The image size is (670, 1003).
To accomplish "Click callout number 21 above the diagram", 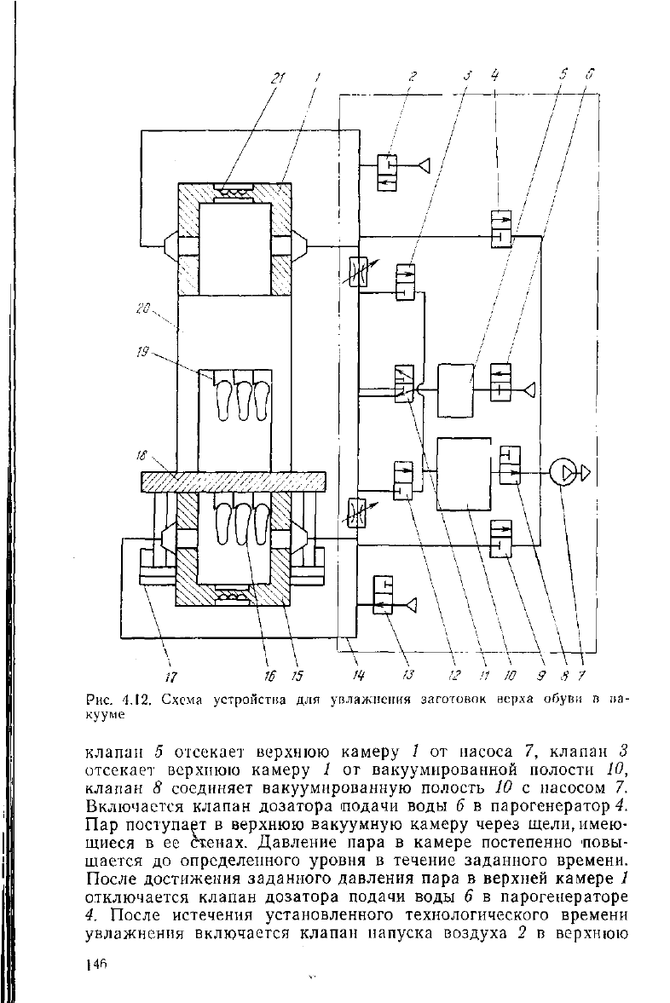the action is click(277, 78).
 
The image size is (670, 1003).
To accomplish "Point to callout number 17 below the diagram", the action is click(172, 677).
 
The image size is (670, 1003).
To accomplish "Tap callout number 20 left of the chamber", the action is click(142, 309).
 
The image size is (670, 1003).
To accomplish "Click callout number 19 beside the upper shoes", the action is click(142, 351).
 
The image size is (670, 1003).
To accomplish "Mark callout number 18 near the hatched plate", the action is click(142, 455).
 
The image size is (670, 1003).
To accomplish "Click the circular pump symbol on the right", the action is click(563, 473).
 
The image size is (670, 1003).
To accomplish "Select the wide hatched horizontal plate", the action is click(233, 481).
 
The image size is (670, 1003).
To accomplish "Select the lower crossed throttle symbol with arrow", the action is click(355, 513).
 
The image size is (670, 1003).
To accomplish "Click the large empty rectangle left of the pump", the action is click(464, 474).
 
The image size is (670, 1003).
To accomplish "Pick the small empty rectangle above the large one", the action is click(456, 390).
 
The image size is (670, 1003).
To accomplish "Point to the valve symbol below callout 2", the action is click(386, 172).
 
